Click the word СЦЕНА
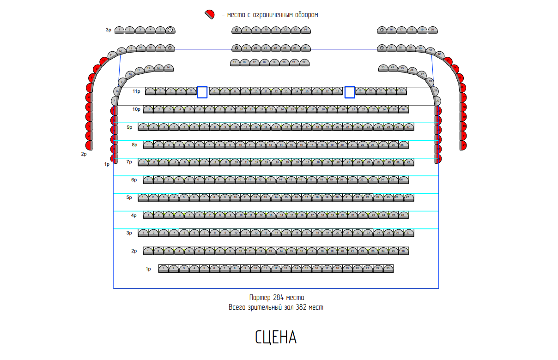coord(276,338)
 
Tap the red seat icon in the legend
coord(210,14)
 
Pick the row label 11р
coord(136,91)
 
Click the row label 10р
coord(136,109)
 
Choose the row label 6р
coord(134,180)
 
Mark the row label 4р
coord(134,216)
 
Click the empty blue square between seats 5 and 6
coord(202,92)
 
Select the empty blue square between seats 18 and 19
coord(350,92)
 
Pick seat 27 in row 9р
coord(408,127)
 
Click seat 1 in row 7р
coord(144,162)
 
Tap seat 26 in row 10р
coord(403,109)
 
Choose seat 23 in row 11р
coord(401,91)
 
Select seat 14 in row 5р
coord(276,198)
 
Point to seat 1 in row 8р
coord(148,145)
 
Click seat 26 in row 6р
coord(403,180)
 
